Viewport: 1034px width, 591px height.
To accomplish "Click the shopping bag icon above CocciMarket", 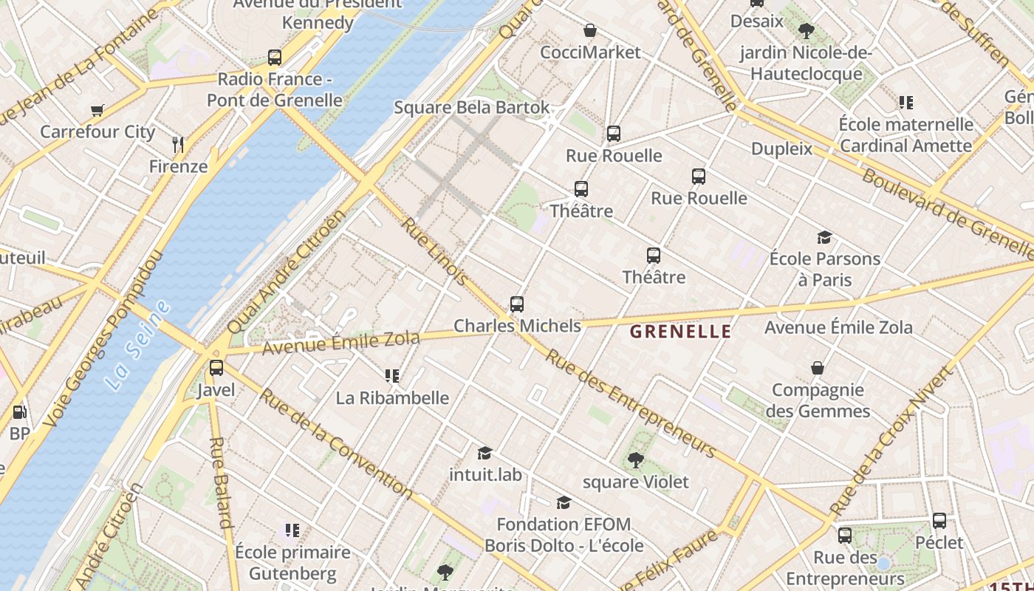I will [590, 31].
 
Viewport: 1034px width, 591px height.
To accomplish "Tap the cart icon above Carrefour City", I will [97, 111].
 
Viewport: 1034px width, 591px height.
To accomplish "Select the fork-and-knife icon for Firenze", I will [178, 144].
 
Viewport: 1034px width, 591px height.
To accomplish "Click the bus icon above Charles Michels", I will [517, 304].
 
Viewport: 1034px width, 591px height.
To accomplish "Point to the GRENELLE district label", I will [680, 332].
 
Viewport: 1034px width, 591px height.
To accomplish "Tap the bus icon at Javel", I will [216, 368].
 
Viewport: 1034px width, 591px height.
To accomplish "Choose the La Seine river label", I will [137, 346].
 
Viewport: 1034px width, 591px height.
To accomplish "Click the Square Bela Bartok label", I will [472, 107].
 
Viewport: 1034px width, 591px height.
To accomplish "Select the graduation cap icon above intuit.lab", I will [485, 453].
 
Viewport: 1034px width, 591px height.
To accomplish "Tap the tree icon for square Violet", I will [635, 461].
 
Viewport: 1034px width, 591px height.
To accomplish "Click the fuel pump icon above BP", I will [19, 412].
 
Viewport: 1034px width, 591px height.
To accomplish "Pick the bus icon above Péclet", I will [939, 521].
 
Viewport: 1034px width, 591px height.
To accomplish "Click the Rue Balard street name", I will [221, 484].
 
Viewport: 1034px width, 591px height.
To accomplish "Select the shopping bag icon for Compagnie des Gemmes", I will [818, 368].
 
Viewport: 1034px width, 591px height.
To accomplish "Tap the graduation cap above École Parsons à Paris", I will [824, 237].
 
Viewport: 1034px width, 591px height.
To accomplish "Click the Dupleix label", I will [781, 148].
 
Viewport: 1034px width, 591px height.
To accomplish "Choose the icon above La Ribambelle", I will [392, 376].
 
